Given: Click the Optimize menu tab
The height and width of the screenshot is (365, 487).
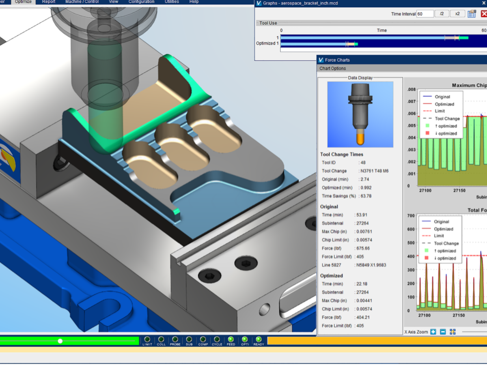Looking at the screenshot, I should point(23,2).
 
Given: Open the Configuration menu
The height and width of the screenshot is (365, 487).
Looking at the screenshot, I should point(141,2).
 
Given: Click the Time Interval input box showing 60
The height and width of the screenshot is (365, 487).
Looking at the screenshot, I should point(425,14).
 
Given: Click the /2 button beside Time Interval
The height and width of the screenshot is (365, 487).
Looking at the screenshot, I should point(442,14).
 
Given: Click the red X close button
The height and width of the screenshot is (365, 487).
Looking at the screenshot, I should point(484,14).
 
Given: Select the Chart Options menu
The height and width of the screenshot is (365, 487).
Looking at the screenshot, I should point(332,69).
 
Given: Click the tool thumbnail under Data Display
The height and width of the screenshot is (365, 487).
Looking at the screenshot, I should point(360,114).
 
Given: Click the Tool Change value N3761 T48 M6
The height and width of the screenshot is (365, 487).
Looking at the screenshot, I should point(374,171).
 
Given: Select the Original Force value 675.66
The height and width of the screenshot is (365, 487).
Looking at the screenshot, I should point(362,248).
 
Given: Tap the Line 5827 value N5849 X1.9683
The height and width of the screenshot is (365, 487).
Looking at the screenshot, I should point(371,265).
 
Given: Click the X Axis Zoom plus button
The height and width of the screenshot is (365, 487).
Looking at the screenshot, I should point(433,332).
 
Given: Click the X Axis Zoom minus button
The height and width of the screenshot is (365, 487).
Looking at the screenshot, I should point(443,332).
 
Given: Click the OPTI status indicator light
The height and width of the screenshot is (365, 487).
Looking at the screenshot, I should point(245,339).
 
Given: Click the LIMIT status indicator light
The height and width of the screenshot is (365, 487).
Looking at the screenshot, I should point(147,339).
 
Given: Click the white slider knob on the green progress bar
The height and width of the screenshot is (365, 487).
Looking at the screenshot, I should point(60,341).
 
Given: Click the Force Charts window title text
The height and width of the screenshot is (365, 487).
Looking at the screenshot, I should point(337,60).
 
